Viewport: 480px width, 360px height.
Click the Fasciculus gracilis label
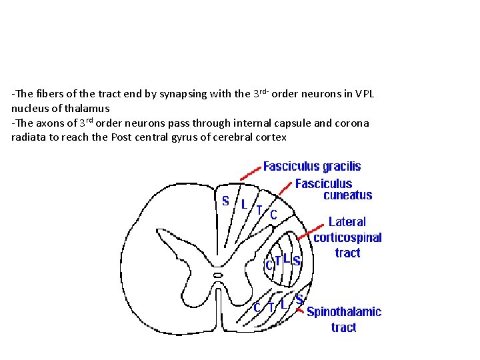pos(312,166)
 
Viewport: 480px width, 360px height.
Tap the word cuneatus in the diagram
pos(347,195)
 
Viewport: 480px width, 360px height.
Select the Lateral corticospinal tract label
pos(347,237)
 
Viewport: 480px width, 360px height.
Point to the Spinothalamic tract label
pos(344,319)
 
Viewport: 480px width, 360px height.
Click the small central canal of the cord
pos(217,274)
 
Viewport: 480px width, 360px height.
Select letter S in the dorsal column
pos(226,200)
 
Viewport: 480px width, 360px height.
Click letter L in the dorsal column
pos(244,203)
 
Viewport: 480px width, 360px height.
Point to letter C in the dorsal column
pos(273,214)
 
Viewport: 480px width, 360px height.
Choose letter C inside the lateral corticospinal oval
pos(269,265)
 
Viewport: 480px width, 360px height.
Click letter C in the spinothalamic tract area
pos(257,307)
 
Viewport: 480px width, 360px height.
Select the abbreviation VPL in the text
pos(365,94)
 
